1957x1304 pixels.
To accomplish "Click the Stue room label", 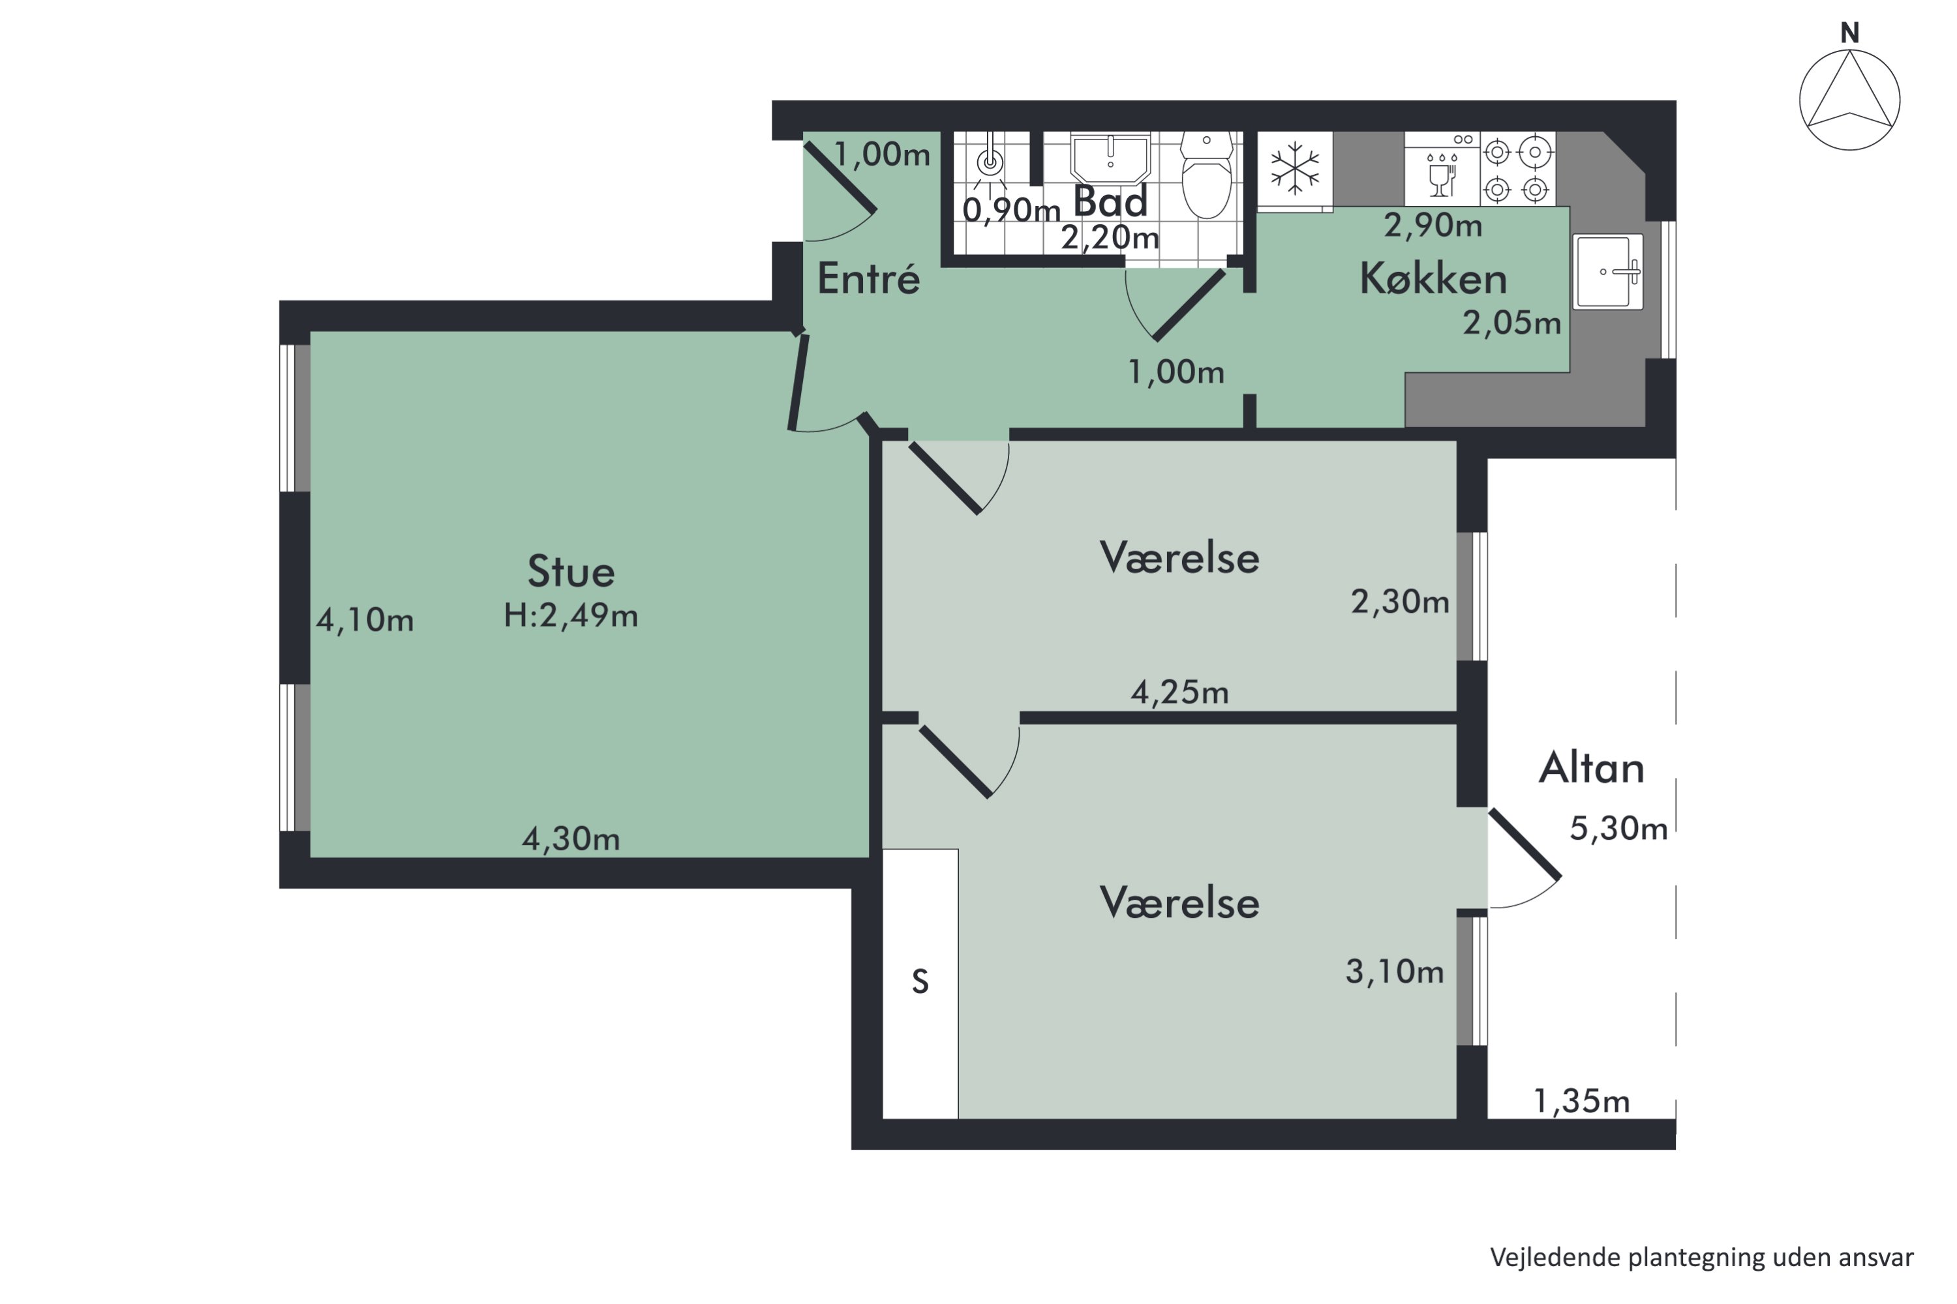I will click(571, 572).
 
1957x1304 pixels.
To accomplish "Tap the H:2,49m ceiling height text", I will click(571, 616).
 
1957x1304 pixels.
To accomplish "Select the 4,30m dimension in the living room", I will click(571, 839).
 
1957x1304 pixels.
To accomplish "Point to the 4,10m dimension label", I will click(365, 621).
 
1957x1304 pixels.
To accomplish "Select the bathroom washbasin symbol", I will click(1110, 158).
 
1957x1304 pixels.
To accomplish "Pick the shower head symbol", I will click(990, 162).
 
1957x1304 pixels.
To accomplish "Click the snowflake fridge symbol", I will click(1295, 168).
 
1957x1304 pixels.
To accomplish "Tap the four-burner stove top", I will click(1517, 170).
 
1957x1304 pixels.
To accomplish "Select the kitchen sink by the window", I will click(1607, 271).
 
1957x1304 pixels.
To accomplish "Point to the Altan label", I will click(1591, 769).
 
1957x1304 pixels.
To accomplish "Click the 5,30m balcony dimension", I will click(1618, 829).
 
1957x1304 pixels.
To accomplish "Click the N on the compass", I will click(1849, 33).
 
